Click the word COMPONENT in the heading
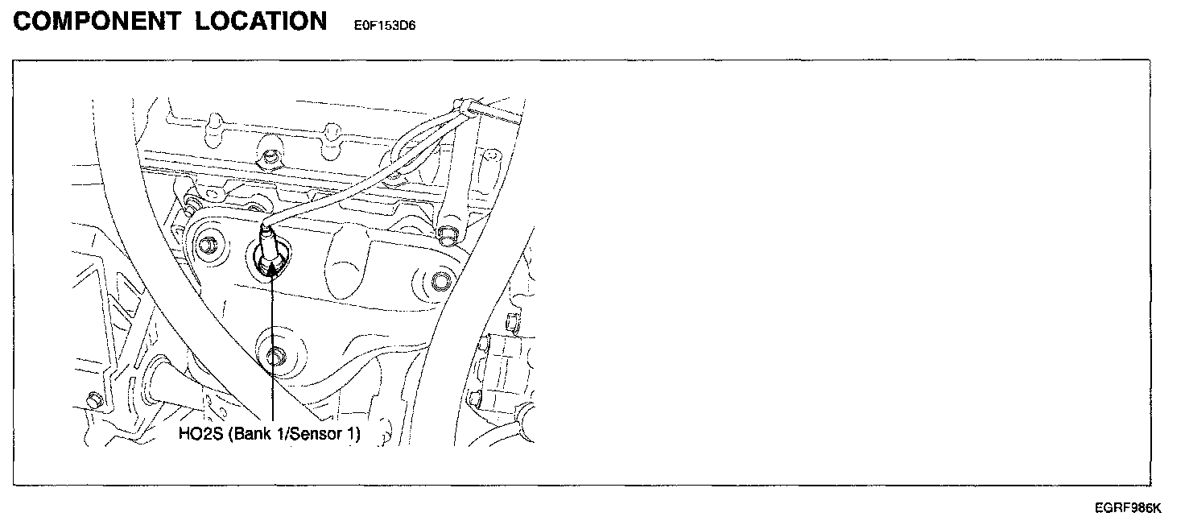(97, 22)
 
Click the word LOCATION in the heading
(261, 22)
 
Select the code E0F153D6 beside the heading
(384, 25)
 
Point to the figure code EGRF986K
(1128, 508)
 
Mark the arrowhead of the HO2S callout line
(272, 269)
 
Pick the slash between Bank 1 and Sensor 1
(282, 435)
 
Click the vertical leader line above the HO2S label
(273, 354)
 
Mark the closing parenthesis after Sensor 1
(357, 435)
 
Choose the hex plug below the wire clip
(448, 234)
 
